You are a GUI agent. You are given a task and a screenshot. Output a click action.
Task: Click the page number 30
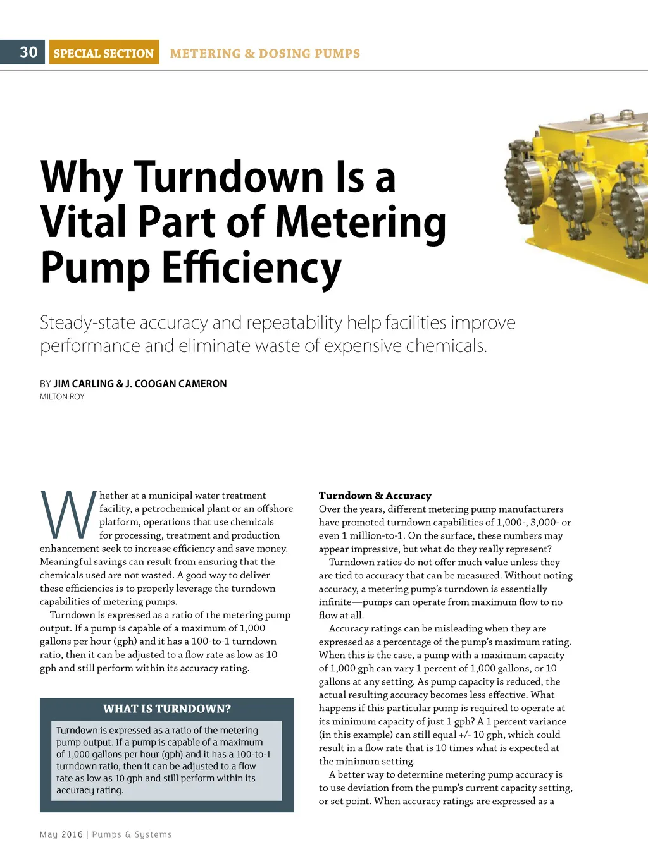pos(28,52)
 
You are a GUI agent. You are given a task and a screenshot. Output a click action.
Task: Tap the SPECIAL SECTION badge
pos(104,53)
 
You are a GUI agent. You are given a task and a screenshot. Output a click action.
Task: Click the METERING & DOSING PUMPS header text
pos(265,54)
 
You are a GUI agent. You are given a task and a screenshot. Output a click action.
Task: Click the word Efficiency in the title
pos(251,267)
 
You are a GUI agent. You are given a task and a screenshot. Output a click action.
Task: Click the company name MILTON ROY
pos(62,397)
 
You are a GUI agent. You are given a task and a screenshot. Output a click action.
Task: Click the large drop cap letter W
pos(68,513)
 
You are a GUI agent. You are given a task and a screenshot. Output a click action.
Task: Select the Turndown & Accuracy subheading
pos(375,496)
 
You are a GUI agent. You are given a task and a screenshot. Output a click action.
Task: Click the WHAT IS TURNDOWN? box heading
pos(167,709)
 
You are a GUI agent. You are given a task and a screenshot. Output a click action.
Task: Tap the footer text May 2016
pos(61,834)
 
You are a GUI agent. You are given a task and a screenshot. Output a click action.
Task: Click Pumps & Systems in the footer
pos(132,834)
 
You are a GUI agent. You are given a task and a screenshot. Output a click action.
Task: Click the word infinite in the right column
pos(335,602)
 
